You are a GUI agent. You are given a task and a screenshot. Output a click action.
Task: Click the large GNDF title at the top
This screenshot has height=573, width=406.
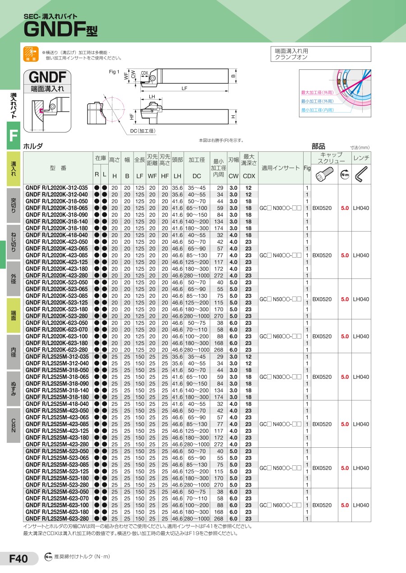61,29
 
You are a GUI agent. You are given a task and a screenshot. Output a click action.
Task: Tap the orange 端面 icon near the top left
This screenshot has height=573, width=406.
31,54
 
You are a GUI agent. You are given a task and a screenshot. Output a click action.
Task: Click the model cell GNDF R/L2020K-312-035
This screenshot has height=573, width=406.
56,188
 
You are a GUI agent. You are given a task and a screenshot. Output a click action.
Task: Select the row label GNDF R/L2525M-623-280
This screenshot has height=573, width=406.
57,518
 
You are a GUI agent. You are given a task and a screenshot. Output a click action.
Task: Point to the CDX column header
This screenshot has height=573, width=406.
249,176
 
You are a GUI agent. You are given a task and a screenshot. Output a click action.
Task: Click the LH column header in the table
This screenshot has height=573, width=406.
177,176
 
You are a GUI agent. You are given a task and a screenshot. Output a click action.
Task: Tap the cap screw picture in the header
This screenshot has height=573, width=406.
324,174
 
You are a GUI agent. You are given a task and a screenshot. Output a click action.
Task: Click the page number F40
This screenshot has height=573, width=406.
18,559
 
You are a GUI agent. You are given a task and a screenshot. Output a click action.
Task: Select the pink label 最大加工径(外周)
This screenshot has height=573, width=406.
317,93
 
